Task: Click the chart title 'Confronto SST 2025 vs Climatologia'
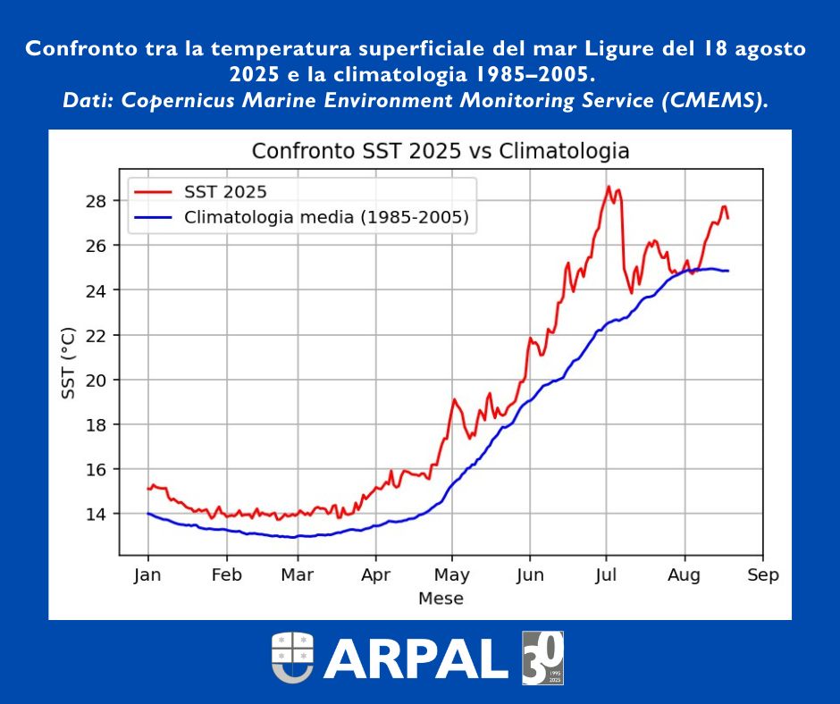coord(441,151)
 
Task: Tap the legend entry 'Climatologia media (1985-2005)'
coord(326,217)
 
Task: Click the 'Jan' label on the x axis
coord(147,574)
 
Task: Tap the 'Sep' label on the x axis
coord(762,574)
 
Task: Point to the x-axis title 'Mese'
coord(441,599)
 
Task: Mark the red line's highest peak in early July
coord(609,186)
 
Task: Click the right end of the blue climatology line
coord(727,271)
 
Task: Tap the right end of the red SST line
coord(727,218)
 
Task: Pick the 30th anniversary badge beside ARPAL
coord(542,658)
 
